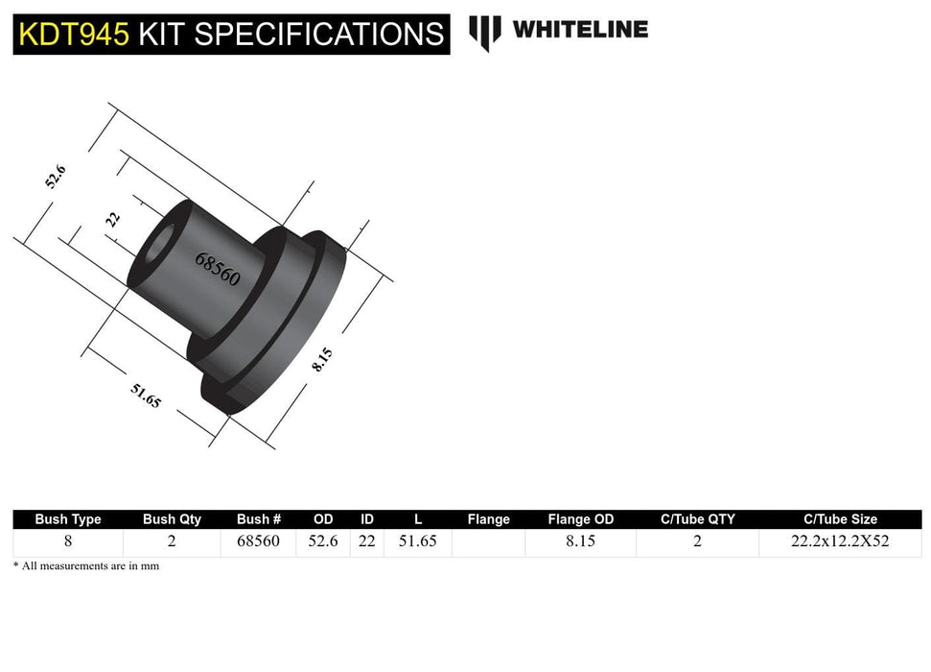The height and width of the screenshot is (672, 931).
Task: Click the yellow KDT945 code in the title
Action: [74, 34]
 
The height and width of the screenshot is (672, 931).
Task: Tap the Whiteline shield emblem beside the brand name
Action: [485, 32]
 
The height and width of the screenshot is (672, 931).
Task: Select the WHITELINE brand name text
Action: [580, 30]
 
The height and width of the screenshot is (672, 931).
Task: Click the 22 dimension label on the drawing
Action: [113, 218]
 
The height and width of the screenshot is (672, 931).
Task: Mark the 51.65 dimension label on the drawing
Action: [145, 395]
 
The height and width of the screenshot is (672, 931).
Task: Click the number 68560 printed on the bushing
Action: [218, 270]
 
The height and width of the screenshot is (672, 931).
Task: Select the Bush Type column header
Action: [68, 519]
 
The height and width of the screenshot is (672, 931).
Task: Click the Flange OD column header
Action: [580, 519]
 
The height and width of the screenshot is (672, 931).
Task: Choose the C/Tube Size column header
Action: [839, 519]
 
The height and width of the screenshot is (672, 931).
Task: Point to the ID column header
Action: [366, 519]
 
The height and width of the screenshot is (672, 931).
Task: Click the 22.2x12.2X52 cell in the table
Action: [839, 541]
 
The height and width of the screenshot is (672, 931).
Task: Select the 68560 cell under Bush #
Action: [258, 541]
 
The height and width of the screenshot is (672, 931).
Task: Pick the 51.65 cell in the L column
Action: [418, 541]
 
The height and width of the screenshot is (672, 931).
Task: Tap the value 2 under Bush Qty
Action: [172, 541]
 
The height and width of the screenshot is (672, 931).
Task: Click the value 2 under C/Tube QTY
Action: [697, 541]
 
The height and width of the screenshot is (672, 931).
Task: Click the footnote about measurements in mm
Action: [86, 566]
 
